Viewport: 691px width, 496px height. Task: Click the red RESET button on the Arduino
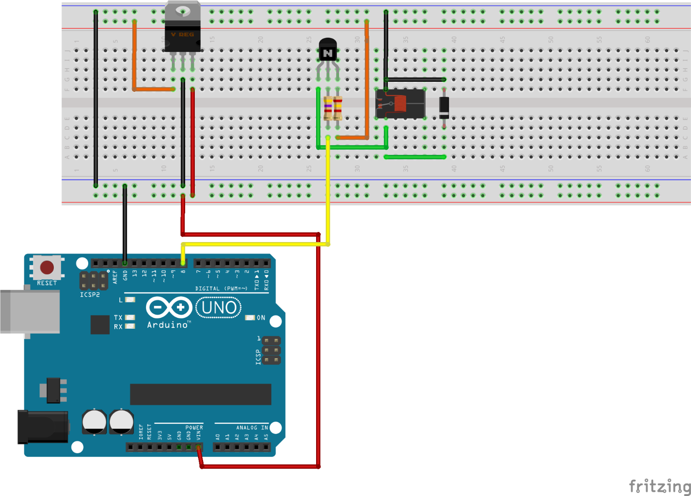point(47,267)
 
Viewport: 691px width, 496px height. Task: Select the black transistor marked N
point(328,51)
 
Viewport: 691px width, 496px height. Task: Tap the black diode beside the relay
point(444,107)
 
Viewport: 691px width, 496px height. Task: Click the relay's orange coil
point(400,104)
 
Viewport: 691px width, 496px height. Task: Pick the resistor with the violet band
point(328,108)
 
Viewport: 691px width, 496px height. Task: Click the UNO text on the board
point(219,308)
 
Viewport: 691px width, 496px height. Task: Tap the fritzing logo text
point(659,486)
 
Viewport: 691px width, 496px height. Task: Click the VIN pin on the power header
point(198,447)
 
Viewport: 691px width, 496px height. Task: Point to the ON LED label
point(261,318)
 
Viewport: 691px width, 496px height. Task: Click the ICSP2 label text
point(90,295)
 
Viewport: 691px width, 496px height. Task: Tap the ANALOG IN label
point(252,428)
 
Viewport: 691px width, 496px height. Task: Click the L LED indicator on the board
point(130,300)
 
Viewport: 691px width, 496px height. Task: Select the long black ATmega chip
point(200,394)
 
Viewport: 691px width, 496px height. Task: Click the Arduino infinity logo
point(169,307)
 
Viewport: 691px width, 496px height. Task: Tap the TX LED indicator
point(130,317)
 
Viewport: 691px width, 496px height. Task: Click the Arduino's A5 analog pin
point(266,447)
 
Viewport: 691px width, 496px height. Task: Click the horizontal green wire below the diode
point(415,157)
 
